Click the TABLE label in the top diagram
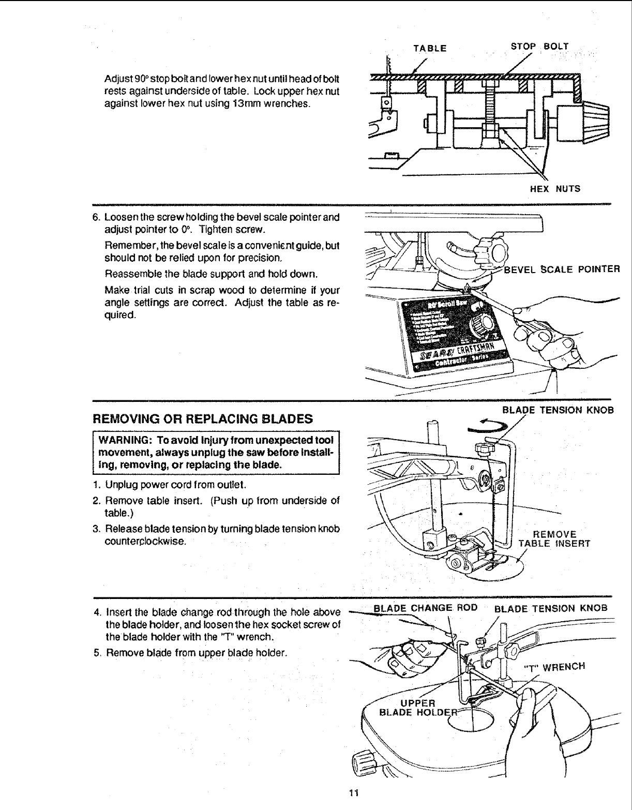tap(430, 49)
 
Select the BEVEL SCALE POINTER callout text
tap(561, 269)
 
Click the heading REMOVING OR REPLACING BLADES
tap(203, 418)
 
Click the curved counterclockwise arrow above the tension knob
tap(487, 426)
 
